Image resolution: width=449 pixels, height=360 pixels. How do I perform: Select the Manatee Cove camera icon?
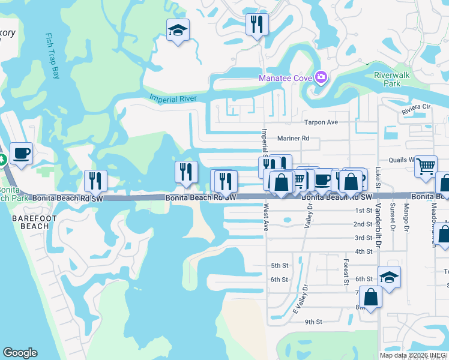pyautogui.click(x=321, y=77)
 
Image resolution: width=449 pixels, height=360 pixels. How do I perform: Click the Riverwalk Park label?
pyautogui.click(x=387, y=80)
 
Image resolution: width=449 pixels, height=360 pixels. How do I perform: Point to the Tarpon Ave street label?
pyautogui.click(x=321, y=122)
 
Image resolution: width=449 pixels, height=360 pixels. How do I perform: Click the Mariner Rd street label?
pyautogui.click(x=293, y=138)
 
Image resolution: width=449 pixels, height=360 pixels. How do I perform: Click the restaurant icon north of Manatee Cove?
pyautogui.click(x=256, y=25)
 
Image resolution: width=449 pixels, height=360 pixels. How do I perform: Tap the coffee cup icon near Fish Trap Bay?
pyautogui.click(x=22, y=154)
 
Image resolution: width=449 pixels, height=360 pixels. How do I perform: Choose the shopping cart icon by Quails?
pyautogui.click(x=426, y=166)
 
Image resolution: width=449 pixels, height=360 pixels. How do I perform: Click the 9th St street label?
pyautogui.click(x=313, y=322)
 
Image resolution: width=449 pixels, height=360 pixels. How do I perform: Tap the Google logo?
pyautogui.click(x=20, y=353)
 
